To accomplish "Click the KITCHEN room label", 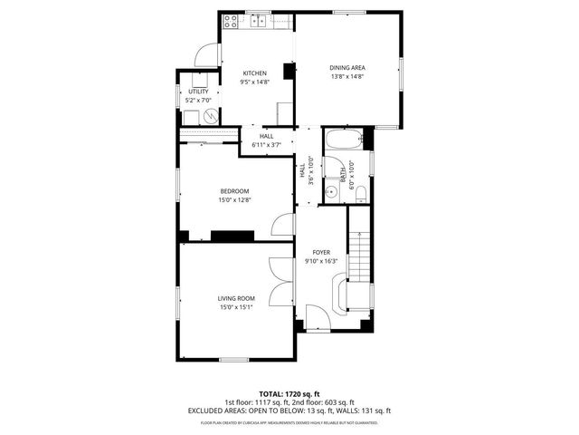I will click(253, 73).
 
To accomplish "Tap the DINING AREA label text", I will click(346, 68).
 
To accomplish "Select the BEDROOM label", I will click(234, 190).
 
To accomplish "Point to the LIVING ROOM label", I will click(235, 298).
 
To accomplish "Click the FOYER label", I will click(321, 253).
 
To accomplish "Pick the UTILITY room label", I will click(197, 92).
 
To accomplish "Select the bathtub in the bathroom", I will click(344, 140).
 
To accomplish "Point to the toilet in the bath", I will click(360, 191).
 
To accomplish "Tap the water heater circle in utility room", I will click(210, 116).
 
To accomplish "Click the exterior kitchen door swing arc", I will click(206, 54).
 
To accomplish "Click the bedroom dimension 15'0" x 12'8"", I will click(234, 200).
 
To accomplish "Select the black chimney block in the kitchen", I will click(289, 72).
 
